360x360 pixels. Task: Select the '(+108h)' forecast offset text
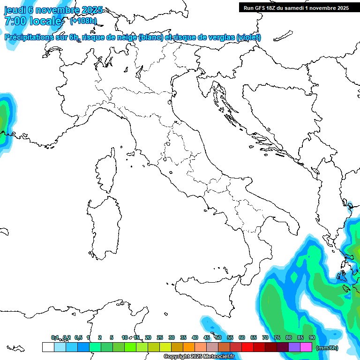coord(83,21)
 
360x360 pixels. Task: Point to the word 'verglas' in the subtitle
coord(221,37)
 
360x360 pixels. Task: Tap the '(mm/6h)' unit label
coord(327,348)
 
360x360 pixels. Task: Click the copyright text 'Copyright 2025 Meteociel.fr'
coord(199,357)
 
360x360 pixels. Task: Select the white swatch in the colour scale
coord(48,347)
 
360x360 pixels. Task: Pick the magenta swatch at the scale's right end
coord(306,347)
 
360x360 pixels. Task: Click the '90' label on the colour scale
coord(312,337)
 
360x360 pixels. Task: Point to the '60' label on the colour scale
coord(242,337)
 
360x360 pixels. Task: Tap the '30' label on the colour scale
coord(172,337)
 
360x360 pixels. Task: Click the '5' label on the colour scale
coord(112,337)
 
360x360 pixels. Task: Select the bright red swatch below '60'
coord(247,347)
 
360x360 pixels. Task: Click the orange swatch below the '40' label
coord(189,347)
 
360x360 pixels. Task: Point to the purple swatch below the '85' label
coord(294,347)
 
